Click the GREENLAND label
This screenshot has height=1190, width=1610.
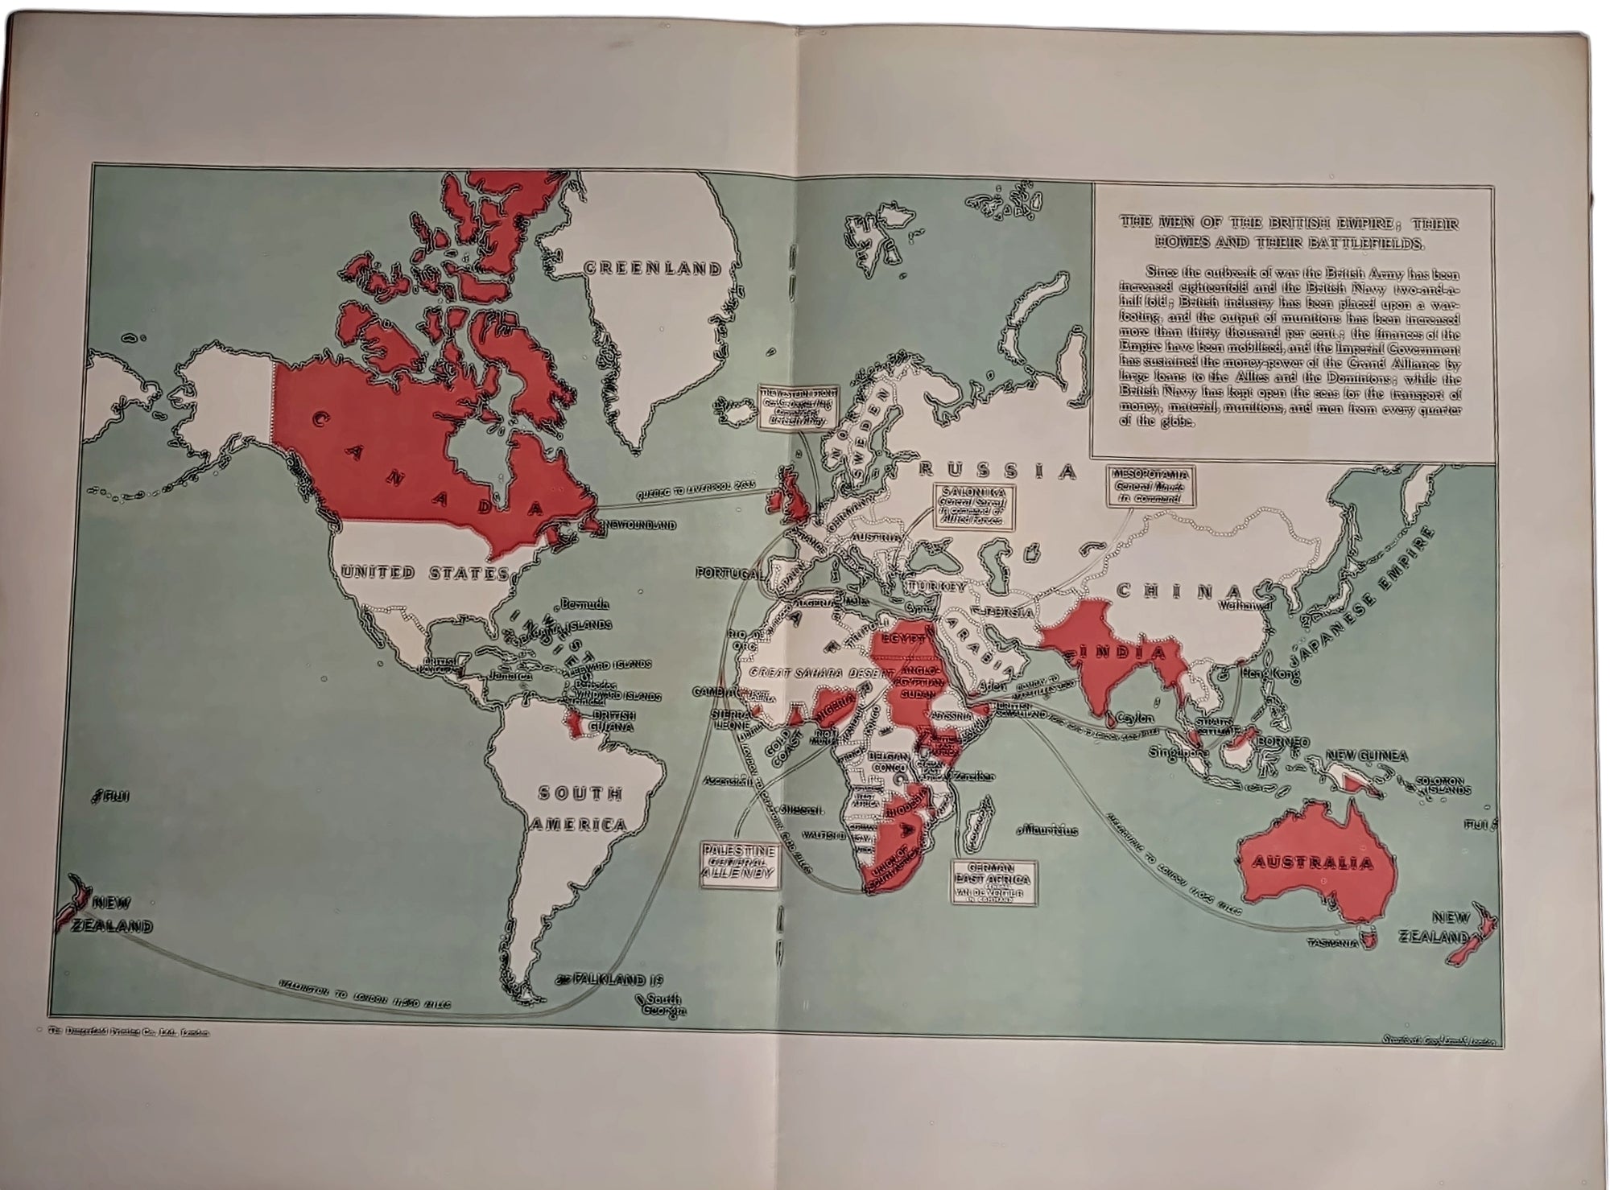coord(654,268)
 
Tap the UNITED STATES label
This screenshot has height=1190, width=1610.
coord(424,573)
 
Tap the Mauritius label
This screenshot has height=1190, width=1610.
coord(1049,829)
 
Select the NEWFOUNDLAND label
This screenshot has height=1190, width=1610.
coord(641,525)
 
